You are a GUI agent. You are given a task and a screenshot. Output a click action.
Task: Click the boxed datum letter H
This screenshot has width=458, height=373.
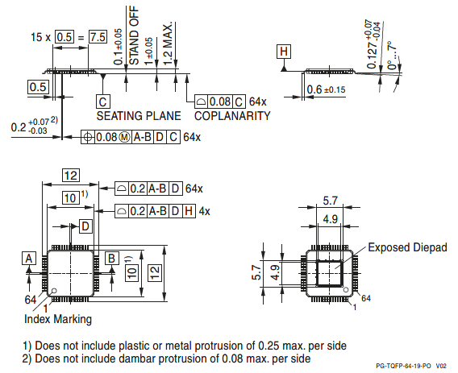pos(284,52)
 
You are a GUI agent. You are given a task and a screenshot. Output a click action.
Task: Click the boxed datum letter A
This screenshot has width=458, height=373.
pos(29,258)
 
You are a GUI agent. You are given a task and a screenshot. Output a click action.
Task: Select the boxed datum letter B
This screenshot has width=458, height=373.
pos(112,258)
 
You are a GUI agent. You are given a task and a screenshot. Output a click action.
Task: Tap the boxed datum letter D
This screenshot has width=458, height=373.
pos(85,226)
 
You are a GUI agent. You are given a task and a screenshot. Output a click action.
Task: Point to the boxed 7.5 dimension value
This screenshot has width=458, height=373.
pos(98,37)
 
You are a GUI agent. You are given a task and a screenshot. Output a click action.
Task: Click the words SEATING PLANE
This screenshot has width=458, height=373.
pos(139,116)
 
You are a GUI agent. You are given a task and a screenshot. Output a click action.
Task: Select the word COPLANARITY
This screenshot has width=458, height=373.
pos(232,116)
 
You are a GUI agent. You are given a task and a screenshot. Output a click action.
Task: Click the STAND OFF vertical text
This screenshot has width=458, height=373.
pos(134,35)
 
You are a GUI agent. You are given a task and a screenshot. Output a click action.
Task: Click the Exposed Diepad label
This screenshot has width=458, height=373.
pos(407,247)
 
